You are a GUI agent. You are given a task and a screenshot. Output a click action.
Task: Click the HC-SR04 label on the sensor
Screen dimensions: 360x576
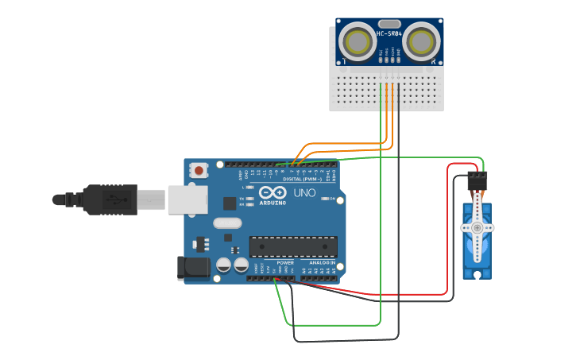(x=389, y=33)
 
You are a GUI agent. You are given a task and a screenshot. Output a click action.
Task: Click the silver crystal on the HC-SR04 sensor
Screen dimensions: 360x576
(x=389, y=24)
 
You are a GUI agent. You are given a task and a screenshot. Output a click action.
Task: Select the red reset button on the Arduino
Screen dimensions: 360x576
(x=199, y=170)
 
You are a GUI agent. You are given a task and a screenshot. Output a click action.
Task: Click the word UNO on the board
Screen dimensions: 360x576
(x=304, y=193)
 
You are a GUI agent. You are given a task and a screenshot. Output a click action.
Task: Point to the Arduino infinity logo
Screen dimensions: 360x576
(x=272, y=193)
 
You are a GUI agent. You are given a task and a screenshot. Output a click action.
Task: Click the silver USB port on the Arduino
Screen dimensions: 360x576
(x=187, y=199)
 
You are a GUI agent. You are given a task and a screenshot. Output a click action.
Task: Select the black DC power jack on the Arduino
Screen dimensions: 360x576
(x=193, y=268)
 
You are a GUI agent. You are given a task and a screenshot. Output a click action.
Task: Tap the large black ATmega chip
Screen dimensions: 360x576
(x=292, y=246)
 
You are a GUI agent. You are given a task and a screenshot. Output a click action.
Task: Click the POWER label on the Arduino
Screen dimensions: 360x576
(x=284, y=262)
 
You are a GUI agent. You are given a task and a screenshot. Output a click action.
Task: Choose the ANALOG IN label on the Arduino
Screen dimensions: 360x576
(x=322, y=262)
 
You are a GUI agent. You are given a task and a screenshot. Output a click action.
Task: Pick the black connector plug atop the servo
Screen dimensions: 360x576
(x=477, y=180)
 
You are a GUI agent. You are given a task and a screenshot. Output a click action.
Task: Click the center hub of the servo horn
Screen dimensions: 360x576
(x=477, y=227)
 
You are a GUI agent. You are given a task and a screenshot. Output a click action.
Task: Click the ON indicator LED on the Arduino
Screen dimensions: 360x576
(x=324, y=198)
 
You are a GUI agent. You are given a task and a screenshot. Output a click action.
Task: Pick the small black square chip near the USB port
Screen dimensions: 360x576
(x=230, y=203)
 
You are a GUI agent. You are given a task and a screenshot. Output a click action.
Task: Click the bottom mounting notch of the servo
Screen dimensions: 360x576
(x=477, y=274)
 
